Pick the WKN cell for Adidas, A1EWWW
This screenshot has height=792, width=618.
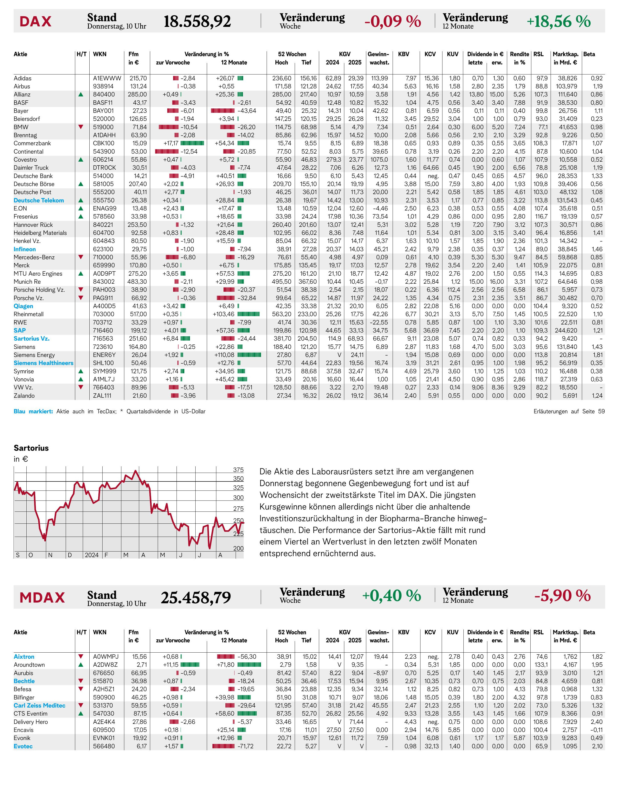pos(107,78)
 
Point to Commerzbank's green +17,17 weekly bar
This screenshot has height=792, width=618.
pos(192,143)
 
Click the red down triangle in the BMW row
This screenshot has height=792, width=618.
pos(81,127)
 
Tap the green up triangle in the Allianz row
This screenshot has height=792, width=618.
pos(81,94)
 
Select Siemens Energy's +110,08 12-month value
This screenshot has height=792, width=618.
pos(224,355)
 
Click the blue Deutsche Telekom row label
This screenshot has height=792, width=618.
pos(39,200)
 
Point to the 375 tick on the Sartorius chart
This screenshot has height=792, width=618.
pos(238,470)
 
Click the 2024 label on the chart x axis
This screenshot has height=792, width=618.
pos(92,555)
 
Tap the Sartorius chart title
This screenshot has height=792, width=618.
pos(31,448)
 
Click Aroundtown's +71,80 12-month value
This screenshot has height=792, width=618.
pos(225,665)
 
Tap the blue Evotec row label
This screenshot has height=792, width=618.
pos(23,746)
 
